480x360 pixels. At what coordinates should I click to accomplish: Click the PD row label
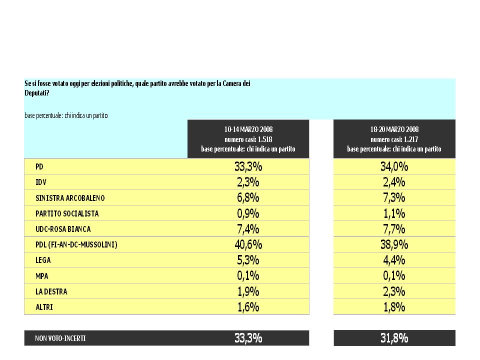coord(39,167)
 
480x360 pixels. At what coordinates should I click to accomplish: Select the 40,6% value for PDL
coord(248,244)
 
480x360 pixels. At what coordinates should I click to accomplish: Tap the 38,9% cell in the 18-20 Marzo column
coord(394,244)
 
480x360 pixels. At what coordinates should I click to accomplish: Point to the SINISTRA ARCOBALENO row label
coord(70,198)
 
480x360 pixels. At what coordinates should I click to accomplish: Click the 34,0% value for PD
coord(394,167)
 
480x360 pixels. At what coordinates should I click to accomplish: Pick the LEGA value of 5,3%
coord(248,260)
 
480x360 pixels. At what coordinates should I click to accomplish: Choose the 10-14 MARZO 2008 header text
coord(248,129)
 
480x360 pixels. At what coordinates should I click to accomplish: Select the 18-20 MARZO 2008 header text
coord(394,129)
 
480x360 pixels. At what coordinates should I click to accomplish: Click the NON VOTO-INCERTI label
coord(60,338)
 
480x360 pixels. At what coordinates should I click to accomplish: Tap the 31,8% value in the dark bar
coord(394,338)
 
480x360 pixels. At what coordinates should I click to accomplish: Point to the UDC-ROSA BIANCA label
coord(63,229)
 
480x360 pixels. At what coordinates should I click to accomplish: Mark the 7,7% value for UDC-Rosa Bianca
coord(394,229)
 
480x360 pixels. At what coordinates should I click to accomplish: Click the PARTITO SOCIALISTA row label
coord(67,213)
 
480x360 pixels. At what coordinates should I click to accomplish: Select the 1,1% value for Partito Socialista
coord(394,213)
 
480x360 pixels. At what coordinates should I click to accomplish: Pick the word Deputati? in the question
coord(36,93)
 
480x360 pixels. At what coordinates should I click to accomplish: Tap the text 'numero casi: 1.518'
coord(248,139)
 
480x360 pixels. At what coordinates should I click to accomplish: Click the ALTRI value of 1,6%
coord(248,306)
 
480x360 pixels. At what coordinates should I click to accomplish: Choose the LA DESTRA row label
coord(51,291)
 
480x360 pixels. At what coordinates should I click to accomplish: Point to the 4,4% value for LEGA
coord(394,260)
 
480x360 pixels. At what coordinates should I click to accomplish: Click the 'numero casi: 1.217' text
coord(394,139)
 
